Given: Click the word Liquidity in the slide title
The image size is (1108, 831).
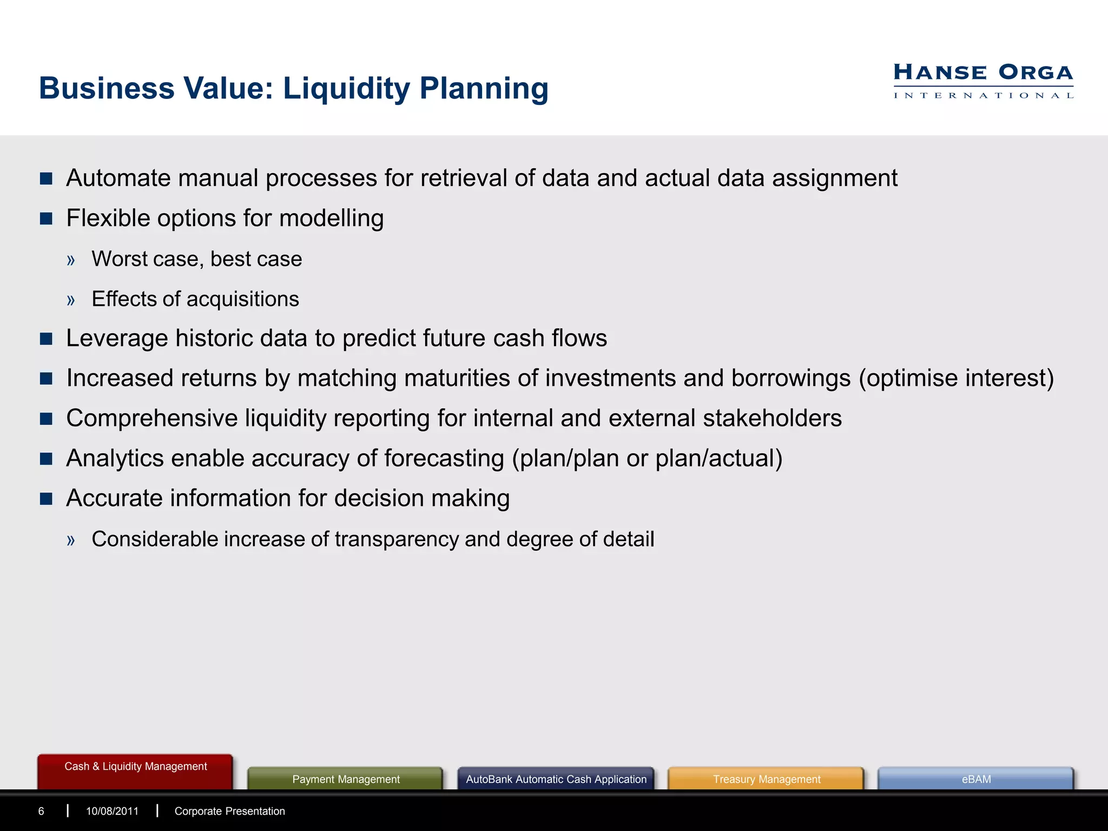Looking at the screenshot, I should (x=346, y=89).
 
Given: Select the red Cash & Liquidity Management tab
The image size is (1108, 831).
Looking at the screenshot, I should (x=135, y=767).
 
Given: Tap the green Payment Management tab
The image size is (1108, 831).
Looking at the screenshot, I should (x=346, y=780).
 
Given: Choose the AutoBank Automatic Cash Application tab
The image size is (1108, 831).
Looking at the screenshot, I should (x=556, y=780).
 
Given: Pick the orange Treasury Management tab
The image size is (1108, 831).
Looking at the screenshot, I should (x=766, y=780).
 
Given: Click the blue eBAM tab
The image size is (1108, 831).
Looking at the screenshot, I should (x=976, y=780).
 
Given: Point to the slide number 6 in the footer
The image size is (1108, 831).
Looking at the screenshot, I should (x=41, y=812).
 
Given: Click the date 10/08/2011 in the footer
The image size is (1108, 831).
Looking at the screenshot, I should (x=112, y=812).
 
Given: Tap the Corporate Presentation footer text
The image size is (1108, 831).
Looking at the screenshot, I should (x=229, y=812).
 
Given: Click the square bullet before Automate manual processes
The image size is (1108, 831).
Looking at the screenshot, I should (x=47, y=179).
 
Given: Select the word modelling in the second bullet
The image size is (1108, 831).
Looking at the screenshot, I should (x=331, y=219).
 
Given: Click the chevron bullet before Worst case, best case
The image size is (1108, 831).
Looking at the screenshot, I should (x=71, y=260).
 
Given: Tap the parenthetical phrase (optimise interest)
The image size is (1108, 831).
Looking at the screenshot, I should (x=956, y=378).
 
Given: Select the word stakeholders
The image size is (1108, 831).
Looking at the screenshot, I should (x=772, y=418).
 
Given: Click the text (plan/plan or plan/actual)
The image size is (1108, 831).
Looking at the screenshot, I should (x=647, y=458).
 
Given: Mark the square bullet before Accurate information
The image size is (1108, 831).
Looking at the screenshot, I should (x=47, y=499).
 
